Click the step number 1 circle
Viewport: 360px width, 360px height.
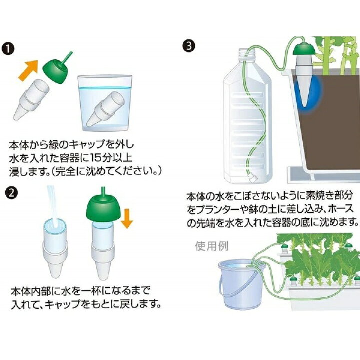pyautogui.click(x=8, y=49)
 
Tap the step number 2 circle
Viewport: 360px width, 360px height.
pyautogui.click(x=11, y=193)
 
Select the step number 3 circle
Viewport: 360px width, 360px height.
pyautogui.click(x=189, y=46)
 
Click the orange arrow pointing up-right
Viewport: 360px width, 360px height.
pyautogui.click(x=28, y=70)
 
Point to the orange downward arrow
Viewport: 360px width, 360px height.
pyautogui.click(x=127, y=219)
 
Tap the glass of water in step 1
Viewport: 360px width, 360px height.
pyautogui.click(x=105, y=103)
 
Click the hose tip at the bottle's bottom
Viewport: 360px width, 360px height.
pyautogui.click(x=252, y=178)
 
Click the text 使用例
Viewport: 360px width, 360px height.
pyautogui.click(x=212, y=246)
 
